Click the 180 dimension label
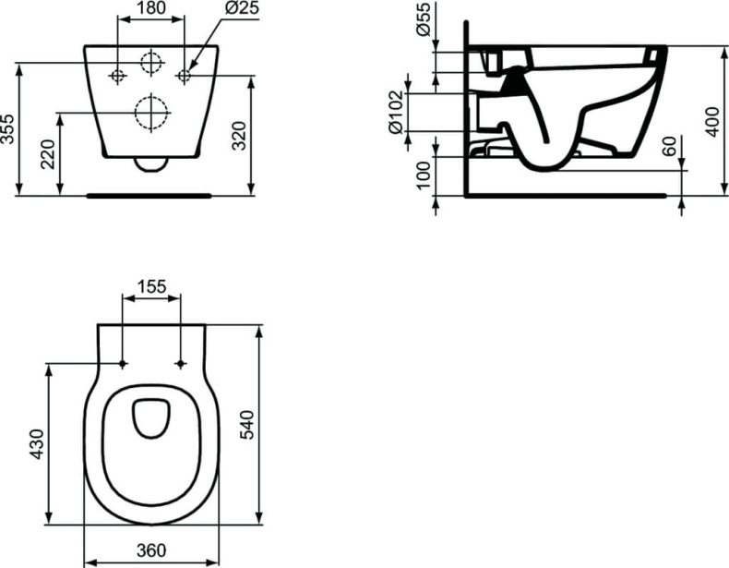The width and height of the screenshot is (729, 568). [x=150, y=8]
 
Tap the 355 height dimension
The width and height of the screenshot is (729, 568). [x=8, y=128]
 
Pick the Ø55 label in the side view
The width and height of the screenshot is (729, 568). [x=422, y=21]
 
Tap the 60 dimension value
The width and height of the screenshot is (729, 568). [x=671, y=145]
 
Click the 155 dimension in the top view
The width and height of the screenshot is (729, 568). [x=151, y=286]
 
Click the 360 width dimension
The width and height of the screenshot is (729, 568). [x=151, y=550]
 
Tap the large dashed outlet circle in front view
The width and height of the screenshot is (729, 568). [x=151, y=113]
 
